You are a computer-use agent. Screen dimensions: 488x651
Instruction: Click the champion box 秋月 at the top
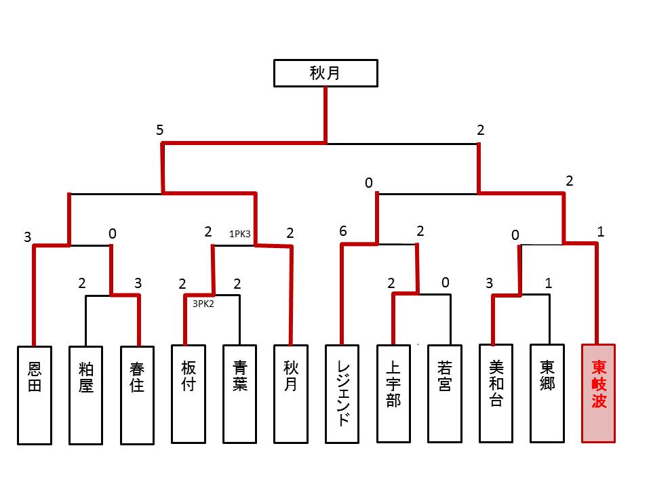tap(325, 73)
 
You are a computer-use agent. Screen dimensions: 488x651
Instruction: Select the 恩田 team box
tap(35, 394)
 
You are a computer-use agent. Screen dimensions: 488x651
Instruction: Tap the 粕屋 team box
tap(85, 394)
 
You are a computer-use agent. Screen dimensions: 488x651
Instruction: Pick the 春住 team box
tap(137, 394)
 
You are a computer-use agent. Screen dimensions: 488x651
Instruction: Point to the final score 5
tap(159, 130)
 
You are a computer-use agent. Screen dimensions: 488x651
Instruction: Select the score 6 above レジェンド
tap(343, 232)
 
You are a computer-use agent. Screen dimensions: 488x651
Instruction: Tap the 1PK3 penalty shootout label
tap(240, 235)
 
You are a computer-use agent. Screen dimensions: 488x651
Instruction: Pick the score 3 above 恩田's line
tap(28, 237)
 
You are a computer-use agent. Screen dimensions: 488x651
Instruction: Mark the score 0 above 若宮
tap(445, 283)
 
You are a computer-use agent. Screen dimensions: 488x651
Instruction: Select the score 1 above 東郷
tap(548, 283)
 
